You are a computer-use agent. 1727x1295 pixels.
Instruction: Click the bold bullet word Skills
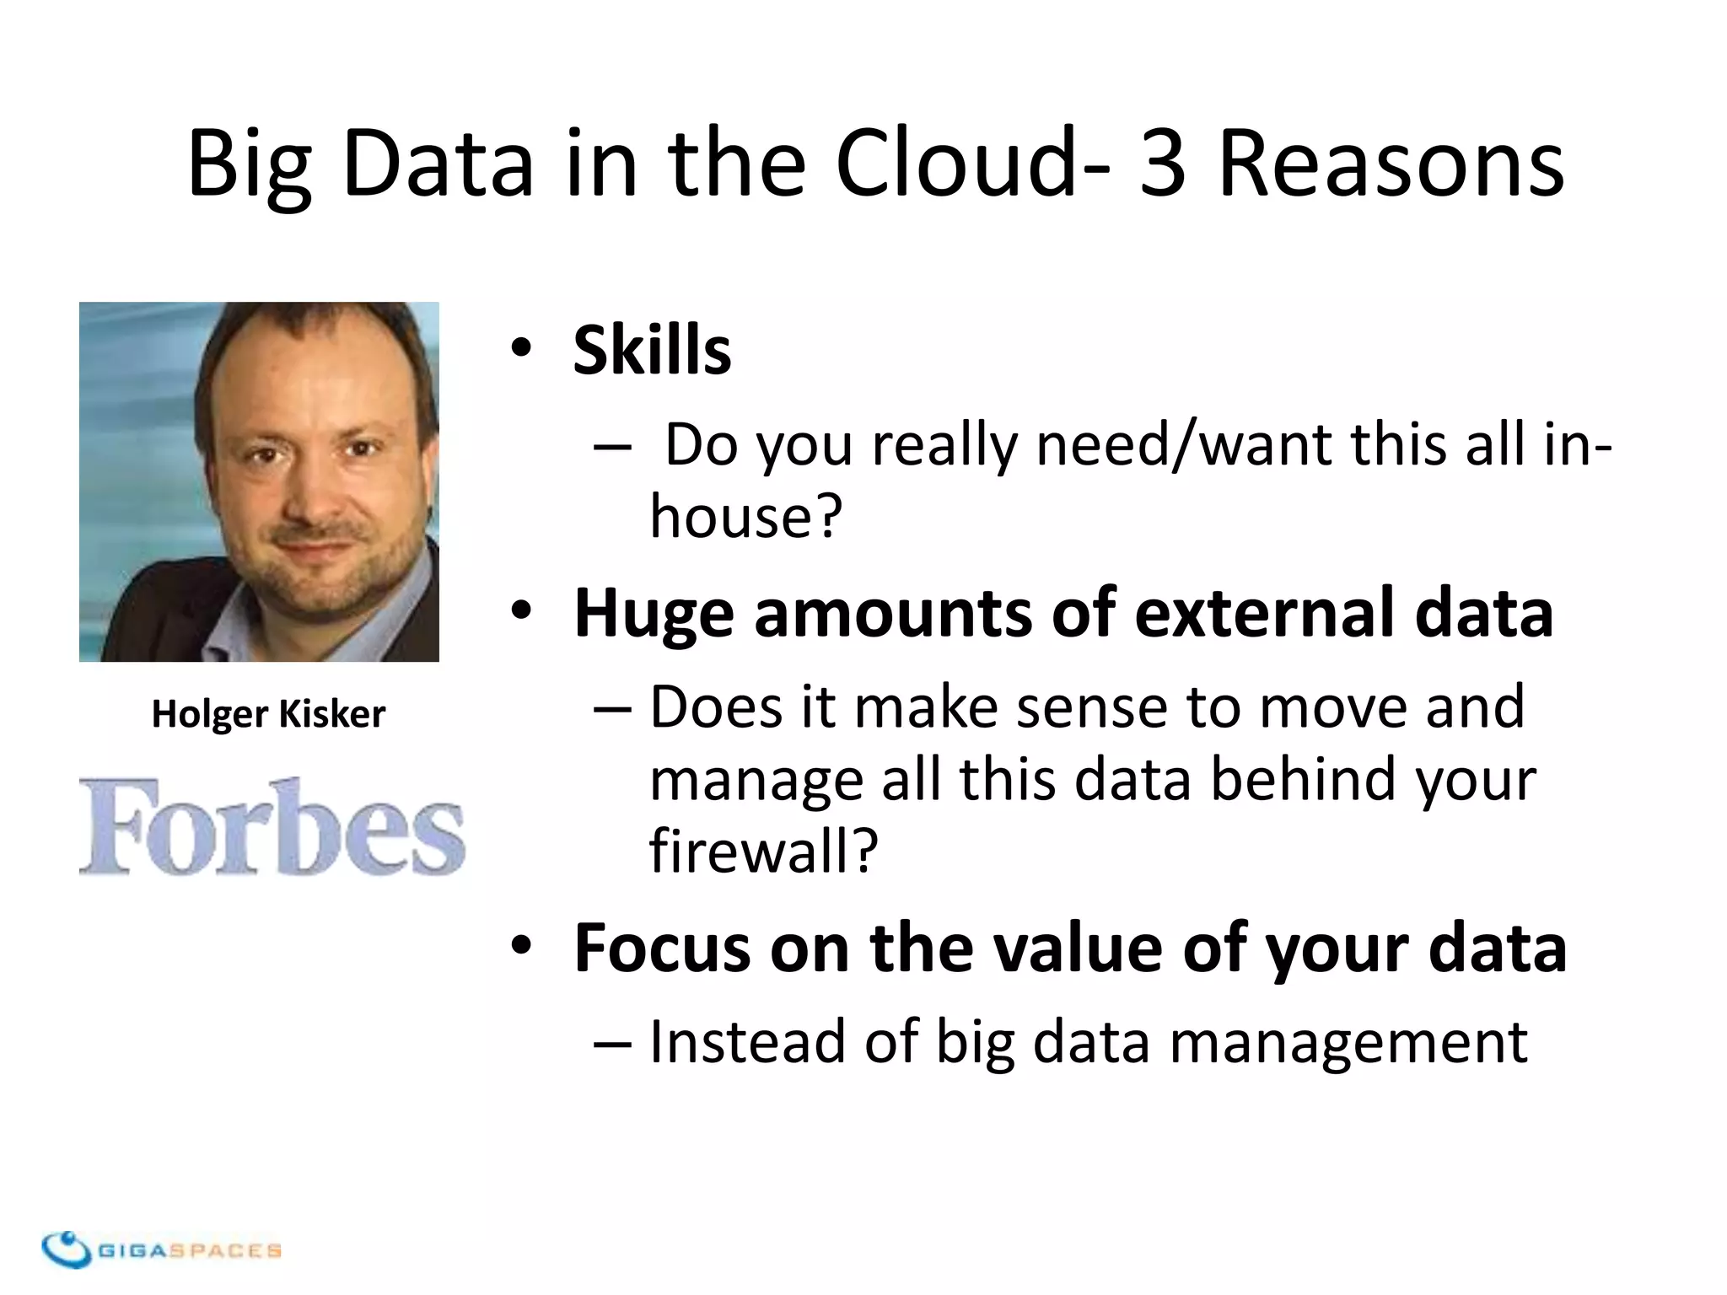point(651,350)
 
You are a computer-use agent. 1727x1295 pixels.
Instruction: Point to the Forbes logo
point(272,827)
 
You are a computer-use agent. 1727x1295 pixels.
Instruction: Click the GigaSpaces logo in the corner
point(160,1249)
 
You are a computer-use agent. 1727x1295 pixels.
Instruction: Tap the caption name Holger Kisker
point(268,714)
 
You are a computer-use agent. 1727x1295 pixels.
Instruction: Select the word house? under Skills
point(745,516)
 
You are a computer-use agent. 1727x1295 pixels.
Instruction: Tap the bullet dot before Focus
point(521,946)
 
